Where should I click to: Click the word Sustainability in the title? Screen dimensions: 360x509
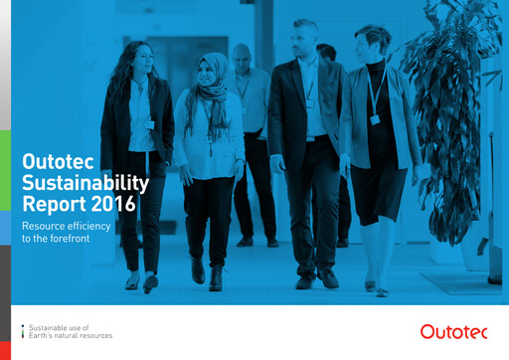[85, 183]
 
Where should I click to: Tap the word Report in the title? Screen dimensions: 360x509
[52, 206]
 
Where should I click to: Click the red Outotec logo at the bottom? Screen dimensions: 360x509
[453, 331]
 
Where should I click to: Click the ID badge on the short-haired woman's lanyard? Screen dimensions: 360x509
[375, 119]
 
